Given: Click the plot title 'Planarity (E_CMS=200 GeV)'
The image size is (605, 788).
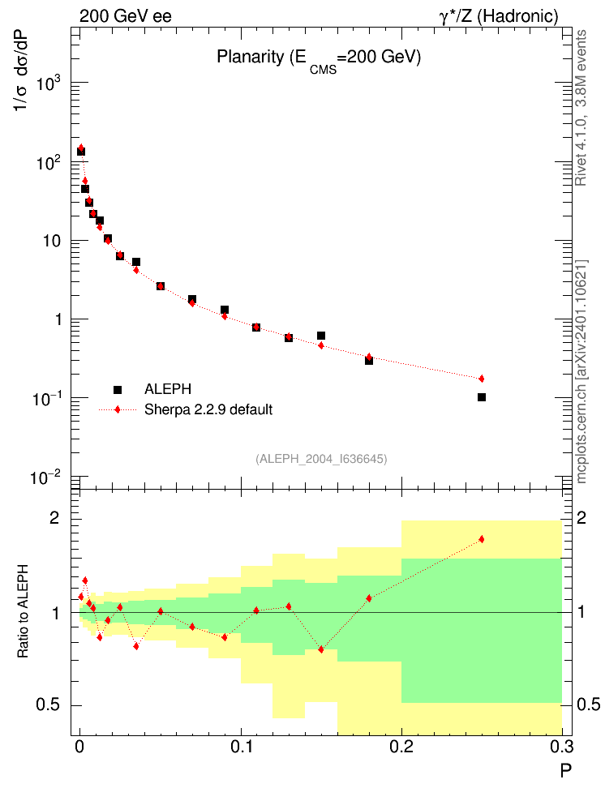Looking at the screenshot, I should [318, 59].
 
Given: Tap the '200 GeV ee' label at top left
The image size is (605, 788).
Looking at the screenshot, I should [126, 16].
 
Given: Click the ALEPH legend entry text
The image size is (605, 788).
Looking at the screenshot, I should [169, 389].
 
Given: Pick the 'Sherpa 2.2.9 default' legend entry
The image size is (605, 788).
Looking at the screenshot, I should [208, 409].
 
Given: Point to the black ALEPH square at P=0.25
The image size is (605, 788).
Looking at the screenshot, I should [482, 397].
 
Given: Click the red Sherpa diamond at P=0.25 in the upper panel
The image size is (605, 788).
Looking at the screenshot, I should [482, 379].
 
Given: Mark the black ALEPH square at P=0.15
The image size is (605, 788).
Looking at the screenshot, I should [321, 336].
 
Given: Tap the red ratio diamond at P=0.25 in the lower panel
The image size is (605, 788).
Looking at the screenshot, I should [482, 539].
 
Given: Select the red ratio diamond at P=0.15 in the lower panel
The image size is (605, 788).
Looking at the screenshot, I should [321, 649].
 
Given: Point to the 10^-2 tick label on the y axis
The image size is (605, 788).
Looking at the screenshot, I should [49, 477].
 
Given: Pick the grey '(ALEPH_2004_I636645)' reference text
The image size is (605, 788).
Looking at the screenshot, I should [321, 459].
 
